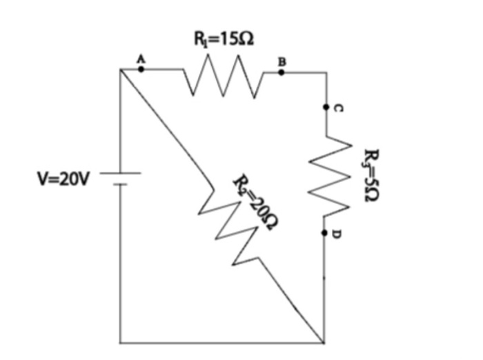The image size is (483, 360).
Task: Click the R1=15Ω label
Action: (x=223, y=39)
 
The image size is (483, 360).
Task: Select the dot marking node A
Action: (x=141, y=69)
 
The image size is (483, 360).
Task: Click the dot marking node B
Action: (x=281, y=70)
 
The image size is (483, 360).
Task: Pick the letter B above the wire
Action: (x=281, y=61)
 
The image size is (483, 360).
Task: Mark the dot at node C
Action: (x=325, y=108)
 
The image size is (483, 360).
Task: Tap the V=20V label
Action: (x=63, y=180)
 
